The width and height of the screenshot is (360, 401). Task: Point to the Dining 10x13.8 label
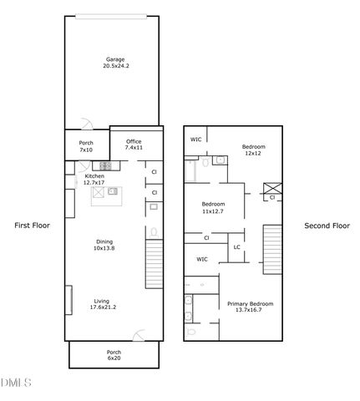pos(103,245)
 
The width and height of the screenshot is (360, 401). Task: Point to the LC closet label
pos(236,246)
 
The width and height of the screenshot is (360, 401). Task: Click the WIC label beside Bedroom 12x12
pos(196,140)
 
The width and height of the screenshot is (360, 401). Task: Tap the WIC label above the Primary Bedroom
pos(202,260)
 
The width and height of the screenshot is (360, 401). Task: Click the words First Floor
pos(32,226)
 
